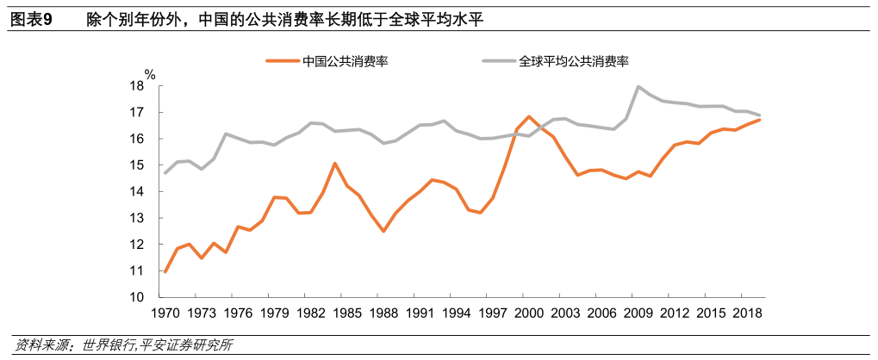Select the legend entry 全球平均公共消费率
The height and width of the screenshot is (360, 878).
(x=574, y=61)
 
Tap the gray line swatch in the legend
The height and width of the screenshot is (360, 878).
(x=498, y=61)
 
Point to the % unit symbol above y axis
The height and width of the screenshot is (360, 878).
(x=149, y=74)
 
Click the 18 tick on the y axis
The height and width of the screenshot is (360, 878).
(x=137, y=86)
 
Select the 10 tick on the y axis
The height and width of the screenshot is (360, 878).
(x=137, y=297)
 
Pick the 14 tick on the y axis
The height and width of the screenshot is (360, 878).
(x=137, y=192)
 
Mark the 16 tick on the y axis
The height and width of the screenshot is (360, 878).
(x=137, y=139)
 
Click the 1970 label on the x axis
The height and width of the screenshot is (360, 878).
(x=165, y=313)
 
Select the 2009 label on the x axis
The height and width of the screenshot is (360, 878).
(x=638, y=313)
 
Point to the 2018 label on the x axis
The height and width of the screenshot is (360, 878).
(x=747, y=313)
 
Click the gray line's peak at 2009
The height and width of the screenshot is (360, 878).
(x=638, y=87)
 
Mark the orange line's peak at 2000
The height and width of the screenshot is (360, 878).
(x=528, y=116)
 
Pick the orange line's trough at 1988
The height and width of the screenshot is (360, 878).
(x=383, y=231)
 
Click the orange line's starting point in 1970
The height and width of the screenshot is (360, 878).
(x=165, y=271)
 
